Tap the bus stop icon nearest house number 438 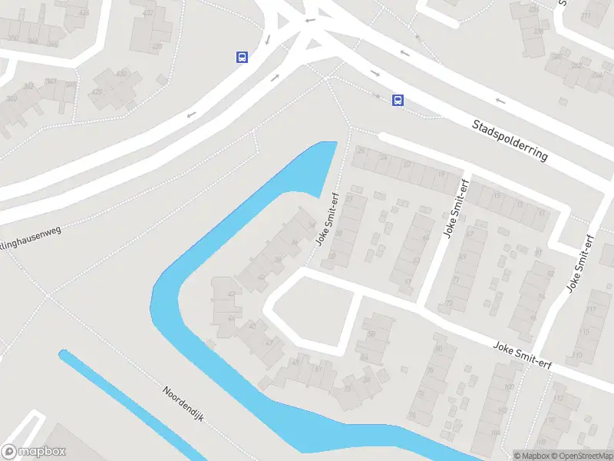tap(242, 57)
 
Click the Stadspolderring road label tap(510, 139)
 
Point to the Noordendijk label tap(181, 402)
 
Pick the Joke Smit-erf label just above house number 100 tap(524, 354)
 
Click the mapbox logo tap(34, 452)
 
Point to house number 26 tap(361, 151)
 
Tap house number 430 tap(120, 74)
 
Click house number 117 tap(591, 310)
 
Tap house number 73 tap(448, 304)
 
